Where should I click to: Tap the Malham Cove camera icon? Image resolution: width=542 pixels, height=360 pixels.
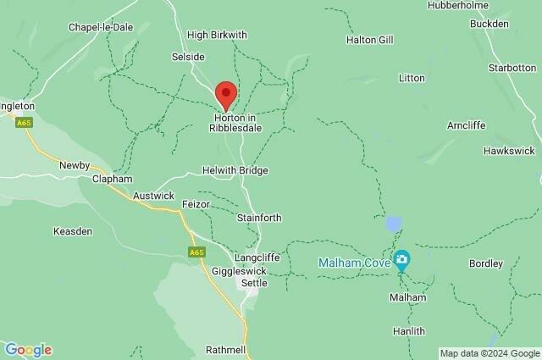point(403,258)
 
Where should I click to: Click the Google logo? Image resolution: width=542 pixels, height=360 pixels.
point(28,350)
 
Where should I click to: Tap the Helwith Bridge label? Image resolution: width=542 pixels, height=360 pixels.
point(235,170)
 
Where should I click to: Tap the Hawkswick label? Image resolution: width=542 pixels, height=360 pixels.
point(508,150)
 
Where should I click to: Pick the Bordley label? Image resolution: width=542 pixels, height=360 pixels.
point(486,263)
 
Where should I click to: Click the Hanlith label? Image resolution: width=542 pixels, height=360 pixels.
point(409,331)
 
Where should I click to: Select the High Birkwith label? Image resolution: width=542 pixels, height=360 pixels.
point(217,35)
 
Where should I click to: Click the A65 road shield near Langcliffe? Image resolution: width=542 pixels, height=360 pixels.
point(196,252)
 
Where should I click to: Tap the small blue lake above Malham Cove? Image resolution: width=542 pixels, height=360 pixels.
point(393,224)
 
